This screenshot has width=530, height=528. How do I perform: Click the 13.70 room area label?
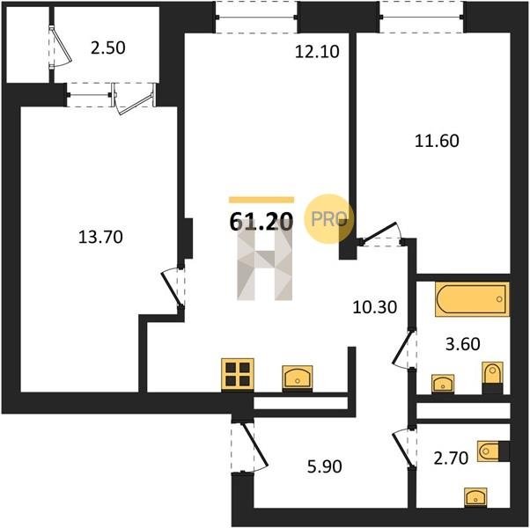pyautogui.click(x=100, y=237)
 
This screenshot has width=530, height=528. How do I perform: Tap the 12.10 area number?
pyautogui.click(x=317, y=52)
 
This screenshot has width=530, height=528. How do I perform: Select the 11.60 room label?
pyautogui.click(x=437, y=141)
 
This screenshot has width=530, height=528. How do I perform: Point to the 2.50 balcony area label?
pyautogui.click(x=108, y=48)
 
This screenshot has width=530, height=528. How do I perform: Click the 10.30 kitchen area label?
pyautogui.click(x=374, y=307)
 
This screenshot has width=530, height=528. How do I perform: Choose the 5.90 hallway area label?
pyautogui.click(x=325, y=466)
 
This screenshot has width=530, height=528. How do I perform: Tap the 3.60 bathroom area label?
pyautogui.click(x=463, y=344)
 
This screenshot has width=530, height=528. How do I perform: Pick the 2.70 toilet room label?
pyautogui.click(x=451, y=458)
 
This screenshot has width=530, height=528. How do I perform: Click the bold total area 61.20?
pyautogui.click(x=261, y=223)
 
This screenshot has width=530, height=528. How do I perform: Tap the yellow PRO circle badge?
pyautogui.click(x=329, y=218)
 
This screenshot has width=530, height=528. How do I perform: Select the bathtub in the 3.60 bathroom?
pyautogui.click(x=472, y=299)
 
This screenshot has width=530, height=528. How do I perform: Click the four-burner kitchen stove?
pyautogui.click(x=238, y=375)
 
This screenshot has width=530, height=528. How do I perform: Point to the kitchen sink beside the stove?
pyautogui.click(x=298, y=378)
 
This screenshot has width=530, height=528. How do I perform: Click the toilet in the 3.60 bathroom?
pyautogui.click(x=492, y=378)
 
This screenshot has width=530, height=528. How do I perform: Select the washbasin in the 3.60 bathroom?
pyautogui.click(x=443, y=384)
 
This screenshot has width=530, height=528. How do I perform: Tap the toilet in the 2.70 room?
pyautogui.click(x=493, y=451)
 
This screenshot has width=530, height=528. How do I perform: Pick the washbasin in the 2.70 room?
pyautogui.click(x=475, y=497)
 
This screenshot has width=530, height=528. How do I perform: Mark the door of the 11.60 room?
pyautogui.click(x=381, y=234)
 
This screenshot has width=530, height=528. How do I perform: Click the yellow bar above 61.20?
pyautogui.click(x=261, y=200)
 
